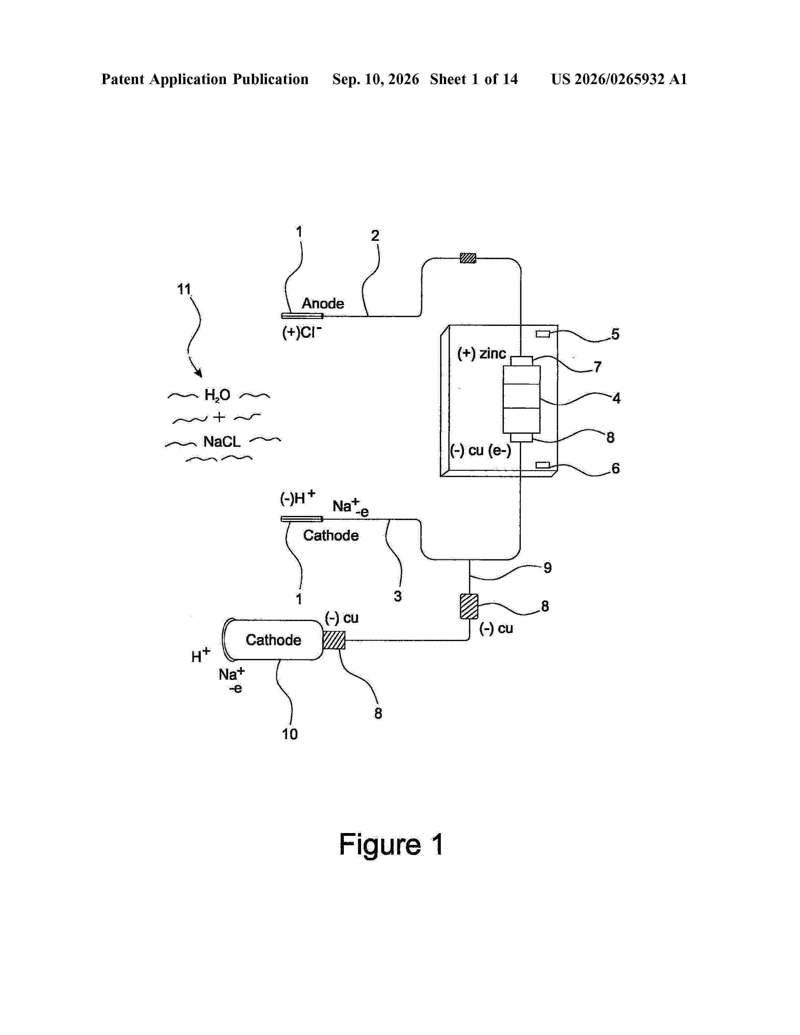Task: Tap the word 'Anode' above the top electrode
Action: [323, 303]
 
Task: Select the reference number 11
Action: [184, 289]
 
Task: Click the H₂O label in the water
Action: [217, 395]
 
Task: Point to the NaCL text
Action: [222, 442]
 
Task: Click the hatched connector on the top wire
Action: [468, 258]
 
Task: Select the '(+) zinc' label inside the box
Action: [482, 353]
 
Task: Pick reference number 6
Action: [616, 468]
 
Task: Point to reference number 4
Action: [616, 398]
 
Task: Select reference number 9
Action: [547, 568]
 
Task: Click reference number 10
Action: [290, 734]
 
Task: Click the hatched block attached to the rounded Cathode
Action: [334, 640]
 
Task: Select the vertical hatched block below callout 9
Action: [469, 606]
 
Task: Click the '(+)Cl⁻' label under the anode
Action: [302, 332]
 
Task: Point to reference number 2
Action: [375, 236]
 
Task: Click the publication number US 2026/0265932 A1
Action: [619, 79]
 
